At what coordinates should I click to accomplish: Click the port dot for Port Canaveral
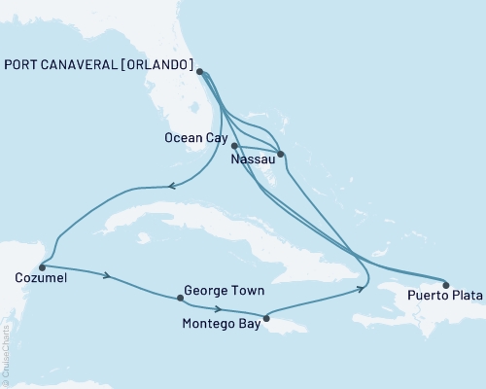[199, 72]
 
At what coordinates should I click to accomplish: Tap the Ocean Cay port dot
[234, 146]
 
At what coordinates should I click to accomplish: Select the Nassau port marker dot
[280, 154]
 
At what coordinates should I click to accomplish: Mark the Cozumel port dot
[41, 266]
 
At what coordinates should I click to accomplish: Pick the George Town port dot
[178, 298]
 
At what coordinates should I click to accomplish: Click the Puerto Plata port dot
[446, 285]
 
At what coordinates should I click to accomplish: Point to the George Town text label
[225, 291]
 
